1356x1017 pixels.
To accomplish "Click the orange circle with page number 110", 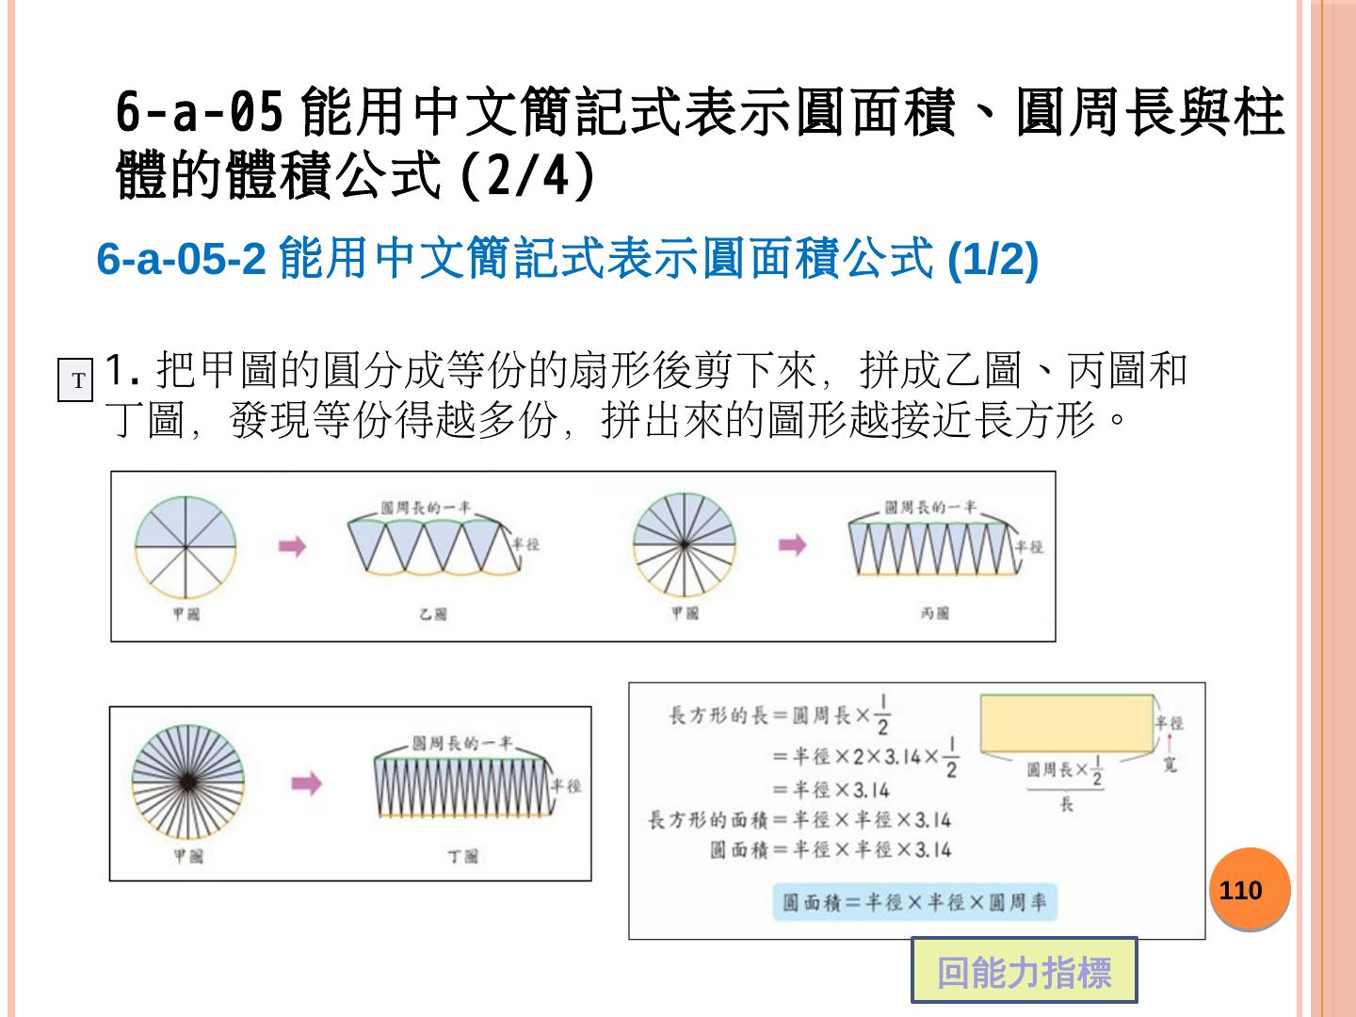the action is tap(1249, 889).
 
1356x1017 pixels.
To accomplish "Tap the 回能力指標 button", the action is tap(1024, 971).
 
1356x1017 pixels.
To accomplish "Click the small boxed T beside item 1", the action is tap(76, 381).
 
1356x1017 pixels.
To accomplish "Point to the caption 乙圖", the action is tap(432, 614).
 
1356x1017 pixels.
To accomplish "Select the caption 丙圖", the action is tap(934, 613).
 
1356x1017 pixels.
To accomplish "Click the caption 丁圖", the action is tap(462, 856).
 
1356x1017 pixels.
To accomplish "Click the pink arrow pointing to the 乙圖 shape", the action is tap(293, 545).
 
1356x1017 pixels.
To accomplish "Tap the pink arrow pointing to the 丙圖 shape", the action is tap(792, 544).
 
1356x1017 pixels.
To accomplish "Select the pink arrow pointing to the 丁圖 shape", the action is tap(306, 783).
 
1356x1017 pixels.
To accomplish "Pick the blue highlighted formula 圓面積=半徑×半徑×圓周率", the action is tap(913, 902).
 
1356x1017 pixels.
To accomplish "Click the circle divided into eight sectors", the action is tap(185, 547).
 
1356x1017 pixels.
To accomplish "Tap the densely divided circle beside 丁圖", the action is tap(187, 783).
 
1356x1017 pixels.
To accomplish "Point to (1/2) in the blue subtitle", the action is tap(992, 259).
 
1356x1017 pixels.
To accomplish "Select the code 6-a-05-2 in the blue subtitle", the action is tap(181, 259).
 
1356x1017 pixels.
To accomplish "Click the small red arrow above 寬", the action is tap(1170, 745).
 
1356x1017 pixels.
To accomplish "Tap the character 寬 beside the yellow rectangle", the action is tap(1170, 766).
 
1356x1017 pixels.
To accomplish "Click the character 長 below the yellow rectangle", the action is tap(1066, 805).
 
